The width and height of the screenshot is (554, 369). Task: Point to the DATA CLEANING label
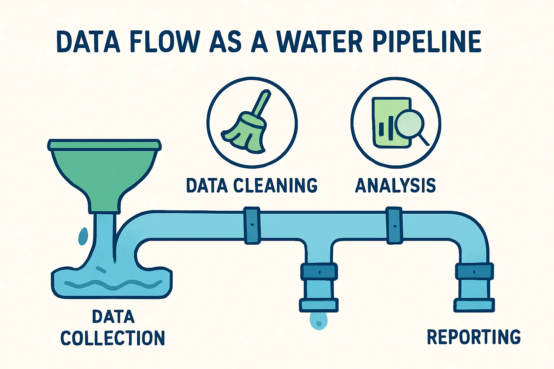251,185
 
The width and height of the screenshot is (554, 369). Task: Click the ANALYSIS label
395,185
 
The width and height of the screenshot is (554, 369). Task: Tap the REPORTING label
474,337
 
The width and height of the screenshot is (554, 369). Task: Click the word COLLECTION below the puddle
113,338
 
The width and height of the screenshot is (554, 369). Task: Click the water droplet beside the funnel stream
83,236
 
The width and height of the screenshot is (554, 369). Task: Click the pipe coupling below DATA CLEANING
252,226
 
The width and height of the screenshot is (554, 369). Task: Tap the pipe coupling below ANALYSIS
394,225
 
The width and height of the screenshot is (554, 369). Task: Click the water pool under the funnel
112,283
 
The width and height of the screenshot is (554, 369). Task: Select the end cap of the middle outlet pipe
319,305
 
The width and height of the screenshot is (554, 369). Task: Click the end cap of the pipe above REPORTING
474,305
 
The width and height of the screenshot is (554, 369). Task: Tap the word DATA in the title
88,42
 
